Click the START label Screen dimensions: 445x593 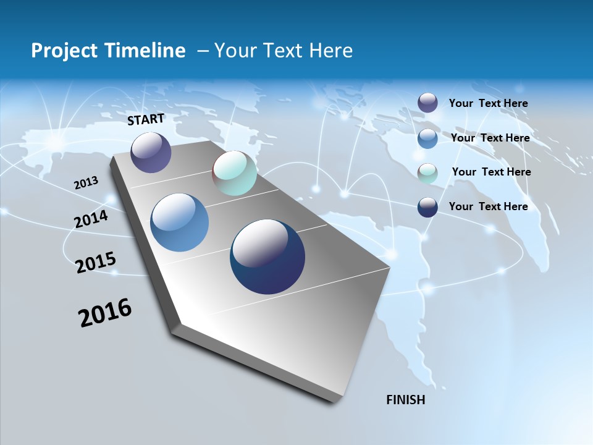pos(146,119)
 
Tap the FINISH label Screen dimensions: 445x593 pos(405,400)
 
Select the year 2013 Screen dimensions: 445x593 pos(86,183)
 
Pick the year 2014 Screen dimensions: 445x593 pos(91,219)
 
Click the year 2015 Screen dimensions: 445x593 pos(96,263)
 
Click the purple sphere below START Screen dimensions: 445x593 pos(151,153)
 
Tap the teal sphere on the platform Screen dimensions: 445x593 pos(234,173)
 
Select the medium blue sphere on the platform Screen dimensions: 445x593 pos(179,222)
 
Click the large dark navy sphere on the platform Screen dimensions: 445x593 pos(267,256)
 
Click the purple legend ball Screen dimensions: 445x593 pos(427,103)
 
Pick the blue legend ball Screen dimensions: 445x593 pos(427,138)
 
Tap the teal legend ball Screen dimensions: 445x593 pos(427,174)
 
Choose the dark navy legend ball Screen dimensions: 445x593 pos(427,207)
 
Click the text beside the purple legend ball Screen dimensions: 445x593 pos(488,103)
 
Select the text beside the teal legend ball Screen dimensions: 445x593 pos(491,172)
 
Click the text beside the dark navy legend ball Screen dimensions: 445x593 pos(488,206)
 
